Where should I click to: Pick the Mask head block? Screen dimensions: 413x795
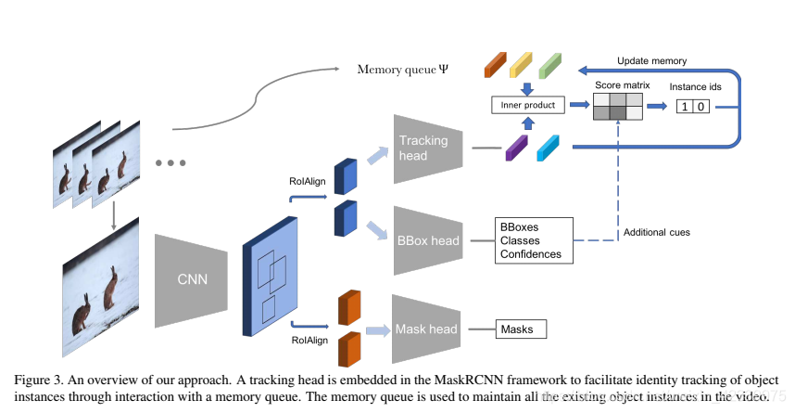427,329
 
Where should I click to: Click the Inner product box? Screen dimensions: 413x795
526,106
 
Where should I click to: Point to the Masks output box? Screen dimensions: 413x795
521,329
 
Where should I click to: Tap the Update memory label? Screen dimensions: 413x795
651,61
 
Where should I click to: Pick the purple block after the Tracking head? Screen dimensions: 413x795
516,148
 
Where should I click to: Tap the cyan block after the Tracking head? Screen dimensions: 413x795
547,147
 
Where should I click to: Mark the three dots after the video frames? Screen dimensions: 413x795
170,163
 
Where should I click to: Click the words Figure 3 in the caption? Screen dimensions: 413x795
40,381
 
